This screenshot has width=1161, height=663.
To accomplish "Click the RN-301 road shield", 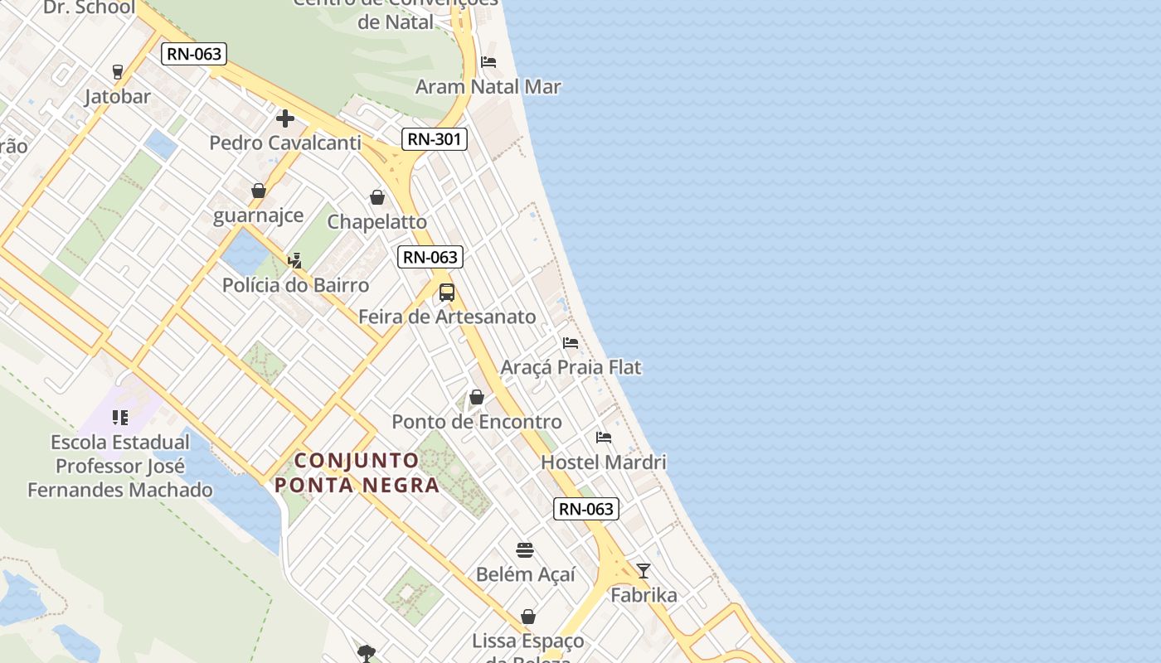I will [435, 139].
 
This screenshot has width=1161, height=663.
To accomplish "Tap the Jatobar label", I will [118, 96].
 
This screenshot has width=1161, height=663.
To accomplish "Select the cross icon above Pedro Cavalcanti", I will [285, 119].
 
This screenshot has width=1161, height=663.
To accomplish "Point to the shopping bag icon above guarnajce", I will [259, 191].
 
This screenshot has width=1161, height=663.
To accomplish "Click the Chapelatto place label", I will [377, 221].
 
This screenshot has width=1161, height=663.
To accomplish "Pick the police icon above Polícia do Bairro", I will [294, 260].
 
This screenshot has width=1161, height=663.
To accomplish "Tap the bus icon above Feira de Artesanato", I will [447, 293].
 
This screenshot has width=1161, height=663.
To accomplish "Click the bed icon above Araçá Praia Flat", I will [571, 342].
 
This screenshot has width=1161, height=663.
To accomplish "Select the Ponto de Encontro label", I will [477, 421].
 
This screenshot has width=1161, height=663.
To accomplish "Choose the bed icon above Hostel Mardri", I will [604, 437].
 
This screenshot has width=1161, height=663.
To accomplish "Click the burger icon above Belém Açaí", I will [525, 550].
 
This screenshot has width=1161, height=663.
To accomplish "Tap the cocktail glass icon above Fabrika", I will [644, 570].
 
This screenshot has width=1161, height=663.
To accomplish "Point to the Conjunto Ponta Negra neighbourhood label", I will [357, 472].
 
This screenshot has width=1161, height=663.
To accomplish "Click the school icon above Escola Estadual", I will [120, 417].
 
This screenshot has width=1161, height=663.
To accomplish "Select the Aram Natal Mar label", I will [488, 86].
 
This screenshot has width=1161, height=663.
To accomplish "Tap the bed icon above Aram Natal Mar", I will [488, 62].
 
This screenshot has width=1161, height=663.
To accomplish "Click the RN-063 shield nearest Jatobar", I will [194, 55].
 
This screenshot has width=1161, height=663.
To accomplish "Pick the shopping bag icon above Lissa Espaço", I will [528, 617].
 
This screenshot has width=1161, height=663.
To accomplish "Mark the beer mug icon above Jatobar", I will [118, 72].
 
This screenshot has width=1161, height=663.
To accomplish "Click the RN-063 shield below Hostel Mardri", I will [586, 509].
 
